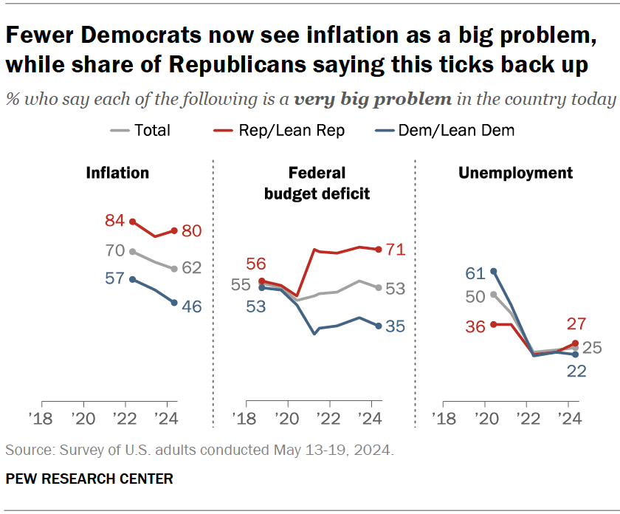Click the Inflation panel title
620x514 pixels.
[117, 173]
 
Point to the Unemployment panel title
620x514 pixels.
[515, 173]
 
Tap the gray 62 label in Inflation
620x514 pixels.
[191, 268]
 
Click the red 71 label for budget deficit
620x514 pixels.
[395, 250]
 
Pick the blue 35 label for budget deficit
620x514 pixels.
[395, 326]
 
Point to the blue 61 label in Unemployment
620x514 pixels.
[475, 273]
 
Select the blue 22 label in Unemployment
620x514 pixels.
[576, 371]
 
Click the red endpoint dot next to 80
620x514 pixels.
[173, 230]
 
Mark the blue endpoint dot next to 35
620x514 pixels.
[378, 326]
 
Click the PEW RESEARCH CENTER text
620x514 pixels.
[89, 479]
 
